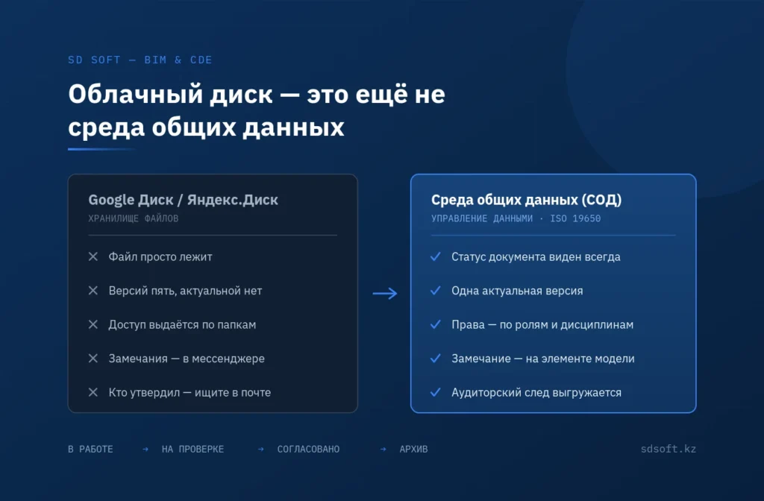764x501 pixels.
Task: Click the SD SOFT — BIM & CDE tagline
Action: click(140, 60)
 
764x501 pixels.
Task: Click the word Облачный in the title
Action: click(136, 94)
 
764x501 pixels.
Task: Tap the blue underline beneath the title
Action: click(101, 149)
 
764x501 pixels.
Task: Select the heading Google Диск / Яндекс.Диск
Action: click(184, 200)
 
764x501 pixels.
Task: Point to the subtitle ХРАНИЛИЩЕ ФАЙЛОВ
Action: click(134, 218)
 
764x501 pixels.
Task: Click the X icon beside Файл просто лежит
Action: click(93, 256)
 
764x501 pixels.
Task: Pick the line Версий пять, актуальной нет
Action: click(185, 292)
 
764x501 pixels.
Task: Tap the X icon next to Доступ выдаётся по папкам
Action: click(93, 324)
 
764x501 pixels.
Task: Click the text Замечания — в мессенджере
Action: click(187, 359)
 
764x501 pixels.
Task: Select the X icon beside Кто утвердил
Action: click(93, 392)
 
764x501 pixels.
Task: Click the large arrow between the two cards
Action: click(385, 293)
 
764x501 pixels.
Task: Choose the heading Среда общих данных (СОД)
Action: click(526, 200)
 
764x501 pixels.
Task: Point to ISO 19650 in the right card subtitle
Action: click(575, 218)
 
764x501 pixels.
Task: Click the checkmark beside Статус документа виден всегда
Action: click(436, 256)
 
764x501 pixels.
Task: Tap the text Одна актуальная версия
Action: click(517, 292)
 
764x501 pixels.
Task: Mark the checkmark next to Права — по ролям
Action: click(436, 324)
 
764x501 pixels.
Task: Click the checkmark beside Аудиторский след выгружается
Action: click(436, 392)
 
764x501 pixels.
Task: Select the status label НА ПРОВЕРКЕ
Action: click(193, 449)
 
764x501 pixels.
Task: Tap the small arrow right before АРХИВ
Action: click(383, 449)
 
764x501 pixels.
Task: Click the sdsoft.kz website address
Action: click(668, 449)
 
